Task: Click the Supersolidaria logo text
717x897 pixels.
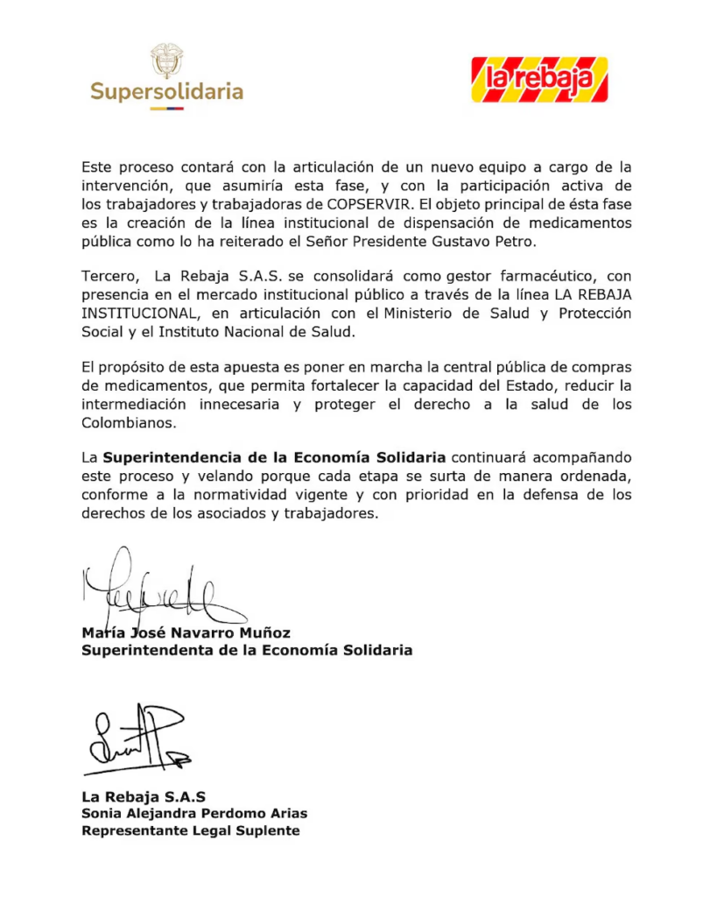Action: point(167,91)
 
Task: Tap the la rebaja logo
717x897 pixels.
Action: point(538,80)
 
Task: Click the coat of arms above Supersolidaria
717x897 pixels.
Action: point(166,60)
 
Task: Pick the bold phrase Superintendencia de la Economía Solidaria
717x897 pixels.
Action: point(274,457)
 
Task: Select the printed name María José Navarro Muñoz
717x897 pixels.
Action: point(185,632)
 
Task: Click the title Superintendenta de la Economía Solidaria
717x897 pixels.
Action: point(247,651)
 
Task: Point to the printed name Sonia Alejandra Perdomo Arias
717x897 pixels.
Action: point(194,813)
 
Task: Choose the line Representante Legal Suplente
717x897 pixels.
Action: point(190,830)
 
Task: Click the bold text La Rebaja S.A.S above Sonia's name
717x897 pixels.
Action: point(144,796)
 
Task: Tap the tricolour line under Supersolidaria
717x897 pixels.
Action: point(166,109)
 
